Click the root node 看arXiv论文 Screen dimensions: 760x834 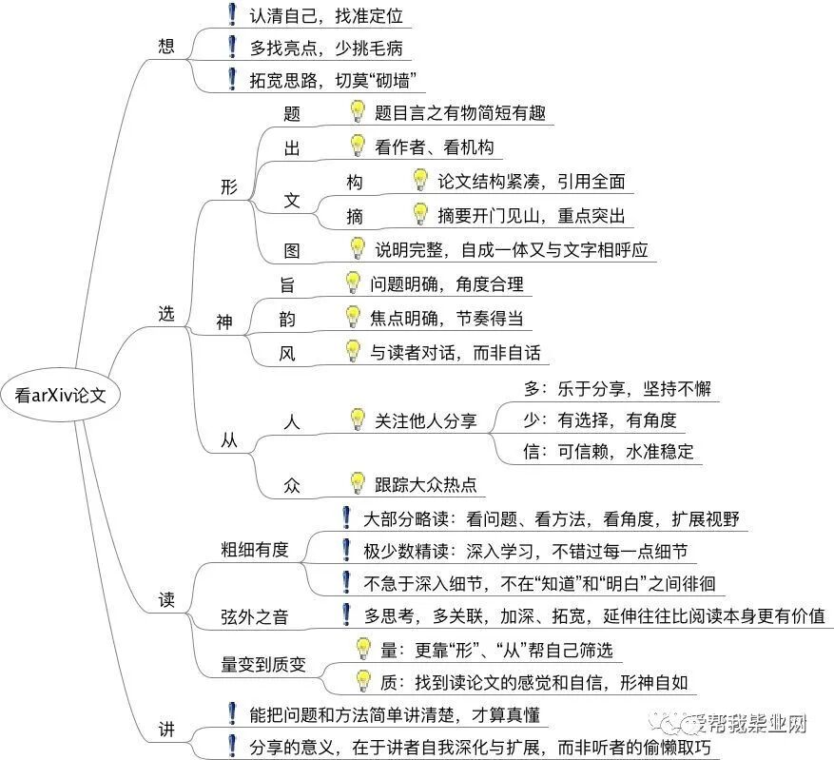60,396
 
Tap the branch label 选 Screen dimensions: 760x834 166,315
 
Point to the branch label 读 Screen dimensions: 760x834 166,601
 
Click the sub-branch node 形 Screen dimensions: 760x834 228,186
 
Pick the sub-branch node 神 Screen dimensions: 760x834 224,322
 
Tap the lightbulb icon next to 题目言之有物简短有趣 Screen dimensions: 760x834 358,112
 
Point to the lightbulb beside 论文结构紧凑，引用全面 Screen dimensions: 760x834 420,180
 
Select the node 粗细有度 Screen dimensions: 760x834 254,549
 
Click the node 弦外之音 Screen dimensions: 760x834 254,616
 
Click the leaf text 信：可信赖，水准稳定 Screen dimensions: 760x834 610,450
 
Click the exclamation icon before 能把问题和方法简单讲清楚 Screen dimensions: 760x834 231,713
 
